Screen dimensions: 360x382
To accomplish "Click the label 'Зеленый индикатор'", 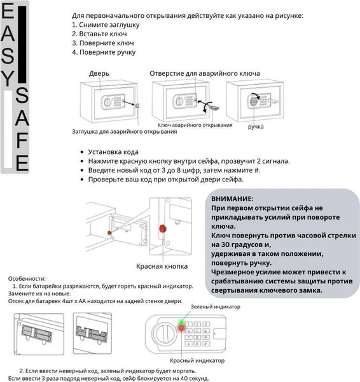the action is [216, 307].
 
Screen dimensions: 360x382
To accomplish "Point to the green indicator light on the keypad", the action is [182, 322].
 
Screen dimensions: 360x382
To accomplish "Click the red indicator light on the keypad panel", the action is [183, 330].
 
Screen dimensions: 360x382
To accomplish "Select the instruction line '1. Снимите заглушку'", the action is [104, 24].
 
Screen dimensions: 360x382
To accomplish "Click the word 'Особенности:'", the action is [27, 278].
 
